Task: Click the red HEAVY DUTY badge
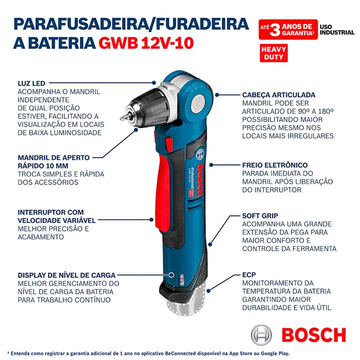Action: coord(273,53)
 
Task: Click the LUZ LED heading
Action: coord(31,83)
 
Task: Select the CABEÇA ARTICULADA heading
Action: coord(278,95)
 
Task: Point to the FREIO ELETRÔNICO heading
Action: coord(275,165)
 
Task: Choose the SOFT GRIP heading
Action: coord(260,216)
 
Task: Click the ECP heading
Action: coord(249,275)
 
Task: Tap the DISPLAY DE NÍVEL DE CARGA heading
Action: coord(66,275)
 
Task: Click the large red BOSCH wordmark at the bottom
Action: coord(314,335)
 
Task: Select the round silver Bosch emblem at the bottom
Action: coord(261,335)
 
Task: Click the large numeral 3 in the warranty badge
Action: coord(275,30)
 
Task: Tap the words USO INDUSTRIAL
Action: coord(337,29)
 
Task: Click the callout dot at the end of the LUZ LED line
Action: coord(154,82)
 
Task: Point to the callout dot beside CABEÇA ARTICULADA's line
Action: coord(217,94)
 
